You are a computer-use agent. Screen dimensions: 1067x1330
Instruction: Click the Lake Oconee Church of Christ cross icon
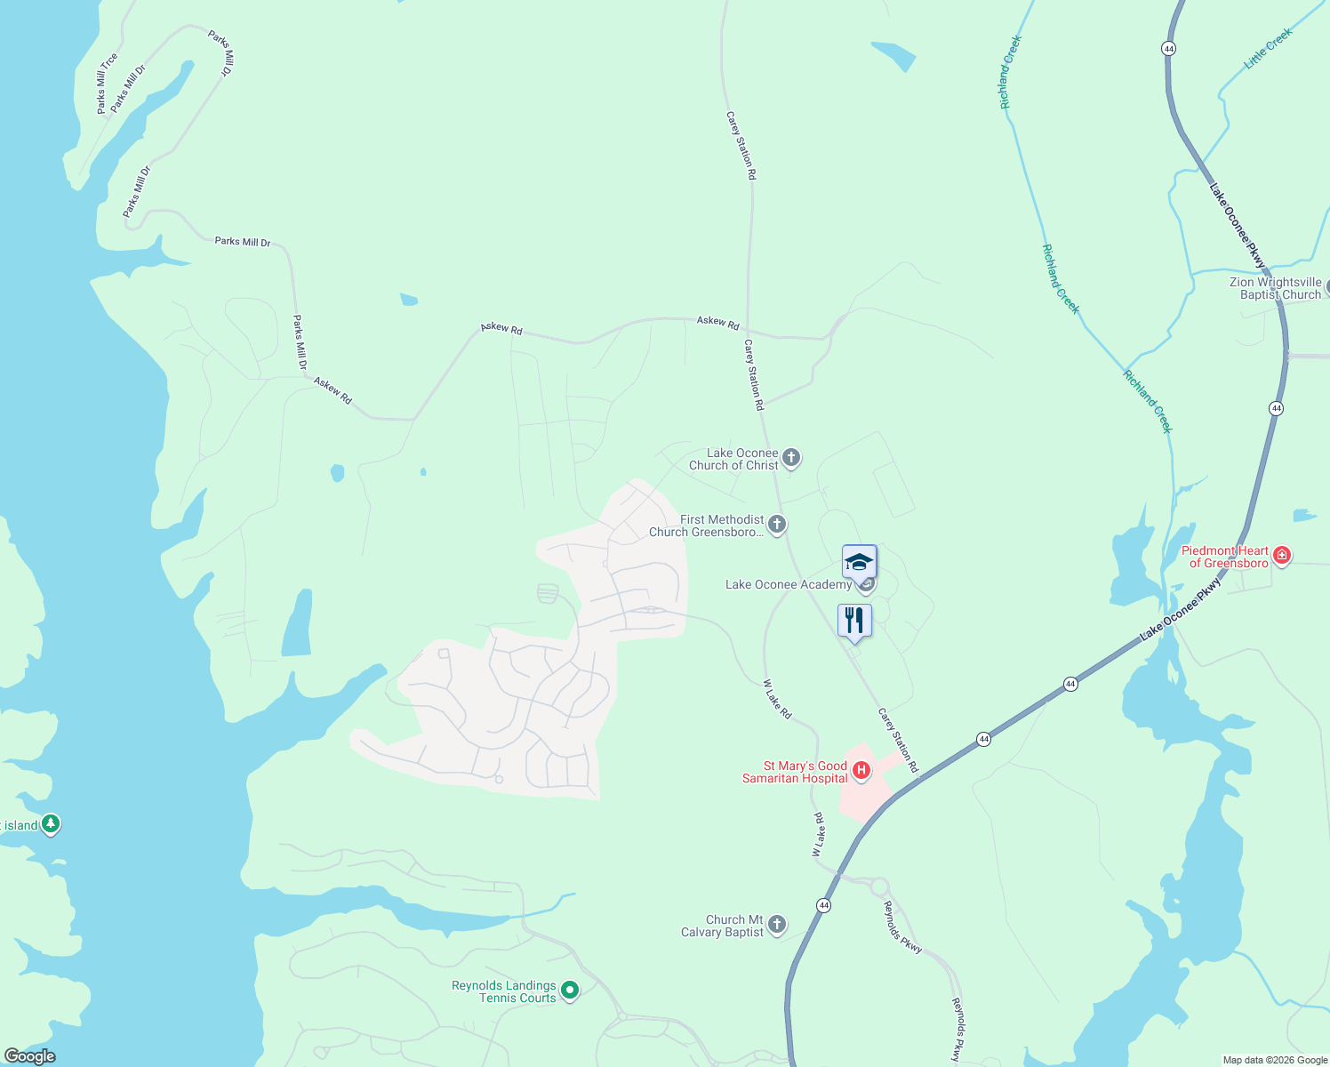pyautogui.click(x=791, y=458)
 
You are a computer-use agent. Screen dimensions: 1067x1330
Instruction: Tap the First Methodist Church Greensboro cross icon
pyautogui.click(x=777, y=525)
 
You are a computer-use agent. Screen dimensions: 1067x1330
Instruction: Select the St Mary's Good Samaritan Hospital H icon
pyautogui.click(x=861, y=770)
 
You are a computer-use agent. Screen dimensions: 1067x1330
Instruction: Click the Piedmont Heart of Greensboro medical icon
pyautogui.click(x=1281, y=557)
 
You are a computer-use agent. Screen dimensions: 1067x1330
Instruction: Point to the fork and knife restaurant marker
pyautogui.click(x=854, y=621)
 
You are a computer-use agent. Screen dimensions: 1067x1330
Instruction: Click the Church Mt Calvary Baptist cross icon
pyautogui.click(x=777, y=925)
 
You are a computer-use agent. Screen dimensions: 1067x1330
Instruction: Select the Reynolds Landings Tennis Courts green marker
pyautogui.click(x=570, y=990)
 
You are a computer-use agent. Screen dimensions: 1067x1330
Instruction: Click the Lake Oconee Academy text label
pyautogui.click(x=789, y=584)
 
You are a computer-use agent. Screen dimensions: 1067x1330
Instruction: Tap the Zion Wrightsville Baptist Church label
pyautogui.click(x=1275, y=288)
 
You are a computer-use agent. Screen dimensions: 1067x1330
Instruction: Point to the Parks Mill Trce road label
pyautogui.click(x=107, y=84)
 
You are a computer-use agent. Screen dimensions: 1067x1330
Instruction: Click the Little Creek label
pyautogui.click(x=1268, y=48)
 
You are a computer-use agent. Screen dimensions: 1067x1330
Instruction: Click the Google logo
pyautogui.click(x=29, y=1056)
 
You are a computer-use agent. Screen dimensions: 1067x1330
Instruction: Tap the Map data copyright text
pyautogui.click(x=1275, y=1060)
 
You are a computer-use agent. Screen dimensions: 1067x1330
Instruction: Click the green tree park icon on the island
pyautogui.click(x=51, y=824)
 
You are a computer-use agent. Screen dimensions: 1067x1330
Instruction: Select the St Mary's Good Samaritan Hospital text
pyautogui.click(x=795, y=772)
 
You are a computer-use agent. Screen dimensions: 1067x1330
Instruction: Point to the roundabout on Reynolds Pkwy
pyautogui.click(x=879, y=886)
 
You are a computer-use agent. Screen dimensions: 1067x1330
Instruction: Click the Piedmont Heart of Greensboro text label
pyautogui.click(x=1224, y=557)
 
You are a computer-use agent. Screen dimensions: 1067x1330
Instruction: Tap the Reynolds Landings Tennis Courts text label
pyautogui.click(x=503, y=991)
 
